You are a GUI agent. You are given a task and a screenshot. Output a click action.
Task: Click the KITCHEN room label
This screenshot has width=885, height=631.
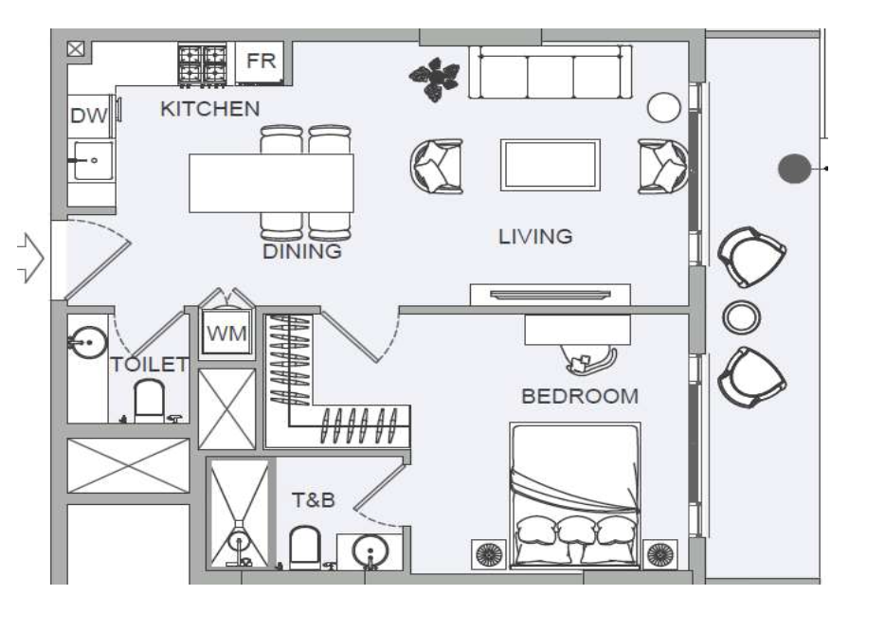[209, 109]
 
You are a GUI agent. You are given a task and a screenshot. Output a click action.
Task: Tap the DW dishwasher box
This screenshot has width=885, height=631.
[89, 117]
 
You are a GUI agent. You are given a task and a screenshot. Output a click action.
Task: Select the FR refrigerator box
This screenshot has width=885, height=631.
[260, 62]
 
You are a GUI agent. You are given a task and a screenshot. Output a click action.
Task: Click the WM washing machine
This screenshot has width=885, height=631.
[227, 334]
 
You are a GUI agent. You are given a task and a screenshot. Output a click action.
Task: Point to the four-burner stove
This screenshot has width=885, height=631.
[203, 64]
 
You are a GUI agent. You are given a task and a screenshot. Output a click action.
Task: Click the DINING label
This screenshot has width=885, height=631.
[302, 252]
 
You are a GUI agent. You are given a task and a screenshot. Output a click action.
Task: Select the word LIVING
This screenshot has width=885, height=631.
[535, 237]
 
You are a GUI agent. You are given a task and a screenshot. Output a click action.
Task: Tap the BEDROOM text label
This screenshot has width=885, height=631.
[580, 396]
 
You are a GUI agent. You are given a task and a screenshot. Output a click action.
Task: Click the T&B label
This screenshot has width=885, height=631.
[313, 499]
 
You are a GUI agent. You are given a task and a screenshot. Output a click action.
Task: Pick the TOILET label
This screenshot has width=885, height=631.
[149, 365]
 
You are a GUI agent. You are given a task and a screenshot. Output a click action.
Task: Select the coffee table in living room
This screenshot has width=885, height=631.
[550, 165]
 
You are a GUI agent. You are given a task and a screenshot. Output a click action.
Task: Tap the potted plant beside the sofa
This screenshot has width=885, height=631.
[435, 79]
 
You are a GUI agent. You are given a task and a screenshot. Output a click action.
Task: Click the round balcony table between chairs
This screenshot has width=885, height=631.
[739, 317]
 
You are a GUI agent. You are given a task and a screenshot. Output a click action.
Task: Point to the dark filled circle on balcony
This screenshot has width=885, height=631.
[794, 169]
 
